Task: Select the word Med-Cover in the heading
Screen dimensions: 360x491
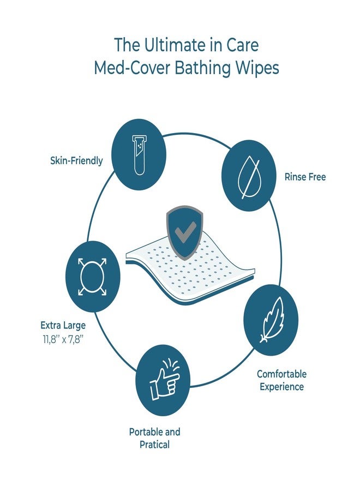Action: pyautogui.click(x=132, y=68)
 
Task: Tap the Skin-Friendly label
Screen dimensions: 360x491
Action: pyautogui.click(x=76, y=160)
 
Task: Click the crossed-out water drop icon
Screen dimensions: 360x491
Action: pyautogui.click(x=249, y=175)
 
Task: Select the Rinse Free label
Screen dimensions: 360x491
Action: pyautogui.click(x=305, y=177)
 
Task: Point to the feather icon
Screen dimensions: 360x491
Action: pyautogui.click(x=272, y=320)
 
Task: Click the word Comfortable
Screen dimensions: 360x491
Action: pyautogui.click(x=281, y=374)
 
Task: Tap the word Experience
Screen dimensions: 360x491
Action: pyautogui.click(x=281, y=387)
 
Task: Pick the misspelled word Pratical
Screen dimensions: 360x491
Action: pyautogui.click(x=155, y=445)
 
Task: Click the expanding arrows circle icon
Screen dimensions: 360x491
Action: pyautogui.click(x=92, y=277)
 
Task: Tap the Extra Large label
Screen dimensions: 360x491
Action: pyautogui.click(x=63, y=325)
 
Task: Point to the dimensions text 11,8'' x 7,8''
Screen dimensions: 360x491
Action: pyautogui.click(x=63, y=340)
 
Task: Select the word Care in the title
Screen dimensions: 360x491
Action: pyautogui.click(x=243, y=45)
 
